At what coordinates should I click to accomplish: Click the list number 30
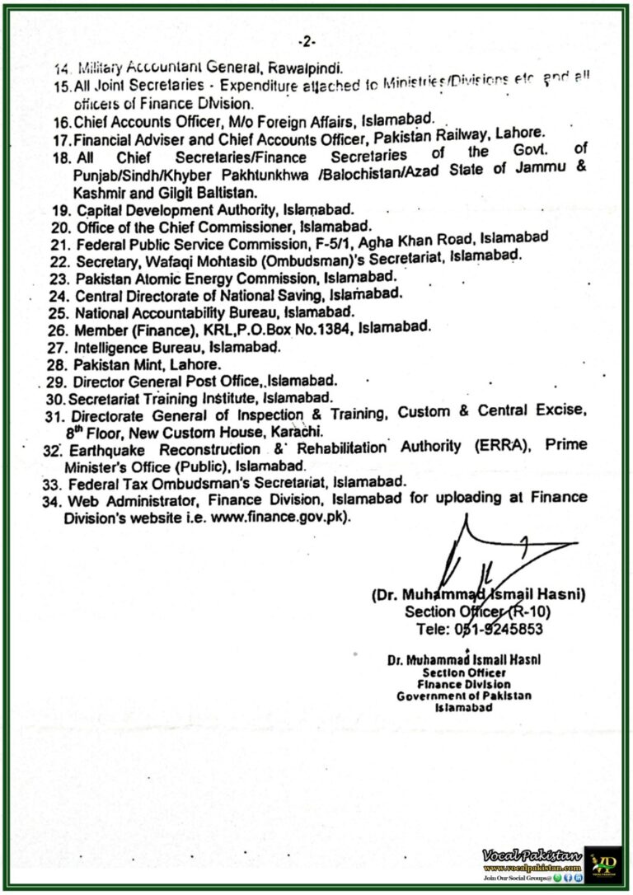click(x=54, y=398)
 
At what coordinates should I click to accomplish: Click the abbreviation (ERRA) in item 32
click(x=499, y=447)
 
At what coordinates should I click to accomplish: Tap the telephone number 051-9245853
click(x=498, y=629)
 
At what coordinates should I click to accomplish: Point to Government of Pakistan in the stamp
click(x=463, y=696)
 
